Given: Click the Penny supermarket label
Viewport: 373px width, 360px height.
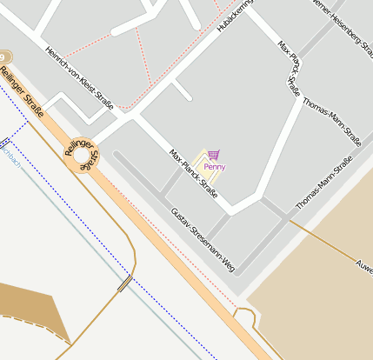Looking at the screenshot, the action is click(x=215, y=167).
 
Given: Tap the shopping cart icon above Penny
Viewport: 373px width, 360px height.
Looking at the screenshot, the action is click(x=214, y=154).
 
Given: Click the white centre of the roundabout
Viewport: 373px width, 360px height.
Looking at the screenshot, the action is click(x=83, y=157).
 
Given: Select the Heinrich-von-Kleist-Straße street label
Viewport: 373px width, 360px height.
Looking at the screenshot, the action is click(x=78, y=78).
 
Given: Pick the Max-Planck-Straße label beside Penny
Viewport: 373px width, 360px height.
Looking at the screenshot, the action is click(x=193, y=173).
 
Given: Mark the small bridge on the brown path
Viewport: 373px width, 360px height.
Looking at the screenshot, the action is click(x=124, y=282).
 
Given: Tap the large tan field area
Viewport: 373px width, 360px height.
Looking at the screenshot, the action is click(x=330, y=296).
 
